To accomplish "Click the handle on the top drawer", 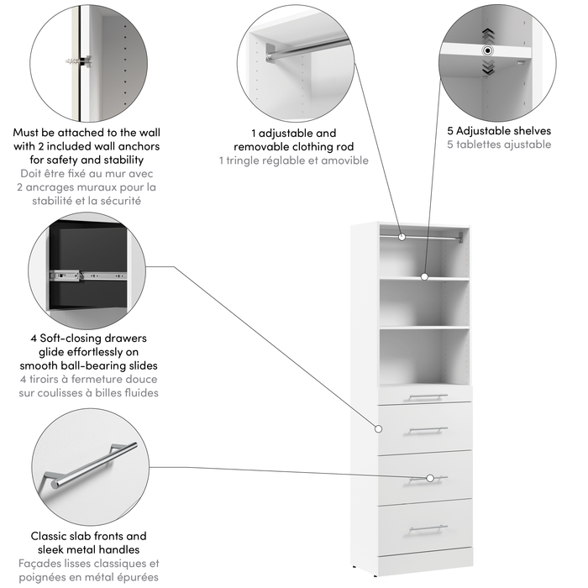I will (x=424, y=396).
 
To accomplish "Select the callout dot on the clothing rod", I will (x=402, y=238).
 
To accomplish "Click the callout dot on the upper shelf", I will (x=424, y=276).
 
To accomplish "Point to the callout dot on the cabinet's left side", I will (x=378, y=428).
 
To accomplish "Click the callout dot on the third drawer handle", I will (x=430, y=478).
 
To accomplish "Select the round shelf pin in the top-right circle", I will (x=487, y=51).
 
